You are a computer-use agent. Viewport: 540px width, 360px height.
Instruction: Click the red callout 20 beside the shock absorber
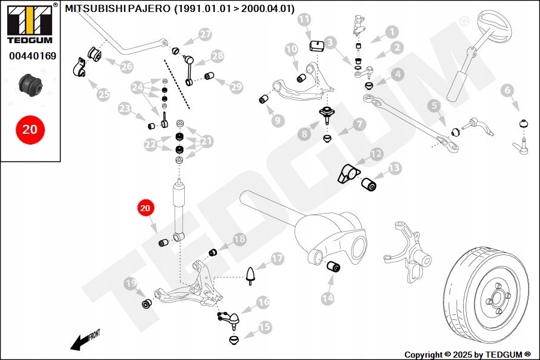[x=145, y=208]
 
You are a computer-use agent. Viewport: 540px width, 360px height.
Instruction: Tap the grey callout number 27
[x=205, y=35]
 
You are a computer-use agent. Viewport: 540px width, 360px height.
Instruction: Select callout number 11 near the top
[x=305, y=20]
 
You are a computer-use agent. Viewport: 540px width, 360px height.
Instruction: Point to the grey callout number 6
[x=508, y=91]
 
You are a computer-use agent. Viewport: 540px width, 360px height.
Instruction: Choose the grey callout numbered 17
[x=277, y=259]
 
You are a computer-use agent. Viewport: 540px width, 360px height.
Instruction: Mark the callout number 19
[x=131, y=283]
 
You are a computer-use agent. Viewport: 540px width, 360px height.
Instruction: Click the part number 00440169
[x=32, y=56]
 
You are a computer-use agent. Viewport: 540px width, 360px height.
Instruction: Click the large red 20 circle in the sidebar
[x=29, y=128]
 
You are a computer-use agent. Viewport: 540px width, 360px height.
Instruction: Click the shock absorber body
[x=179, y=206]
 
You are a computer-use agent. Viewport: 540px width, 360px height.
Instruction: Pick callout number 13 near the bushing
[x=394, y=169]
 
